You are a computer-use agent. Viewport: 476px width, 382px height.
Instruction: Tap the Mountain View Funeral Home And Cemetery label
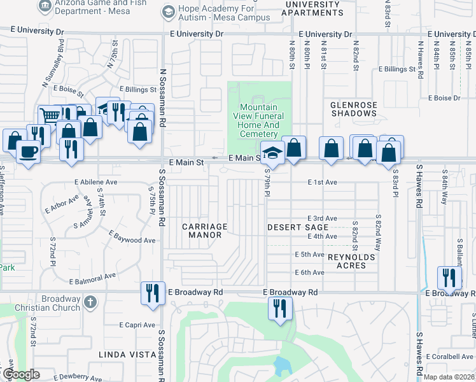(x=259, y=121)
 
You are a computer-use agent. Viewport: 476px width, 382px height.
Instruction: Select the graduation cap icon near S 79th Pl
(x=272, y=153)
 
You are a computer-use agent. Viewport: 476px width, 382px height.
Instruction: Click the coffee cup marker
(x=27, y=152)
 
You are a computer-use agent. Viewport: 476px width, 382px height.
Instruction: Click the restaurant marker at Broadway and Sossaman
(x=152, y=293)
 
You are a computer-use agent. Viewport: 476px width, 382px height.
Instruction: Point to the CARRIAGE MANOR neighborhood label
(x=204, y=230)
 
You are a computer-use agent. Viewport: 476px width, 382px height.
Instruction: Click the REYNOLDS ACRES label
(x=347, y=261)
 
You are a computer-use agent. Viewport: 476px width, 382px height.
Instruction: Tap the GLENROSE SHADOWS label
(x=354, y=109)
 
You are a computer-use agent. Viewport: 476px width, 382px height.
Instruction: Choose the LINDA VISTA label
(x=127, y=354)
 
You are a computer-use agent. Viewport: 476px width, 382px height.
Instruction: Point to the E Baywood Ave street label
(x=132, y=237)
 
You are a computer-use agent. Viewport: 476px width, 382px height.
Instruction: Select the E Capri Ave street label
(x=138, y=324)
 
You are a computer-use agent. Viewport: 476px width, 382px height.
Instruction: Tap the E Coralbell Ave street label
(x=451, y=356)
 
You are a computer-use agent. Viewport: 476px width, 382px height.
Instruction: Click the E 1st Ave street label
(x=322, y=182)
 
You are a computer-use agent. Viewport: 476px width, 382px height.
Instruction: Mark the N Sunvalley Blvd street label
(x=53, y=63)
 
